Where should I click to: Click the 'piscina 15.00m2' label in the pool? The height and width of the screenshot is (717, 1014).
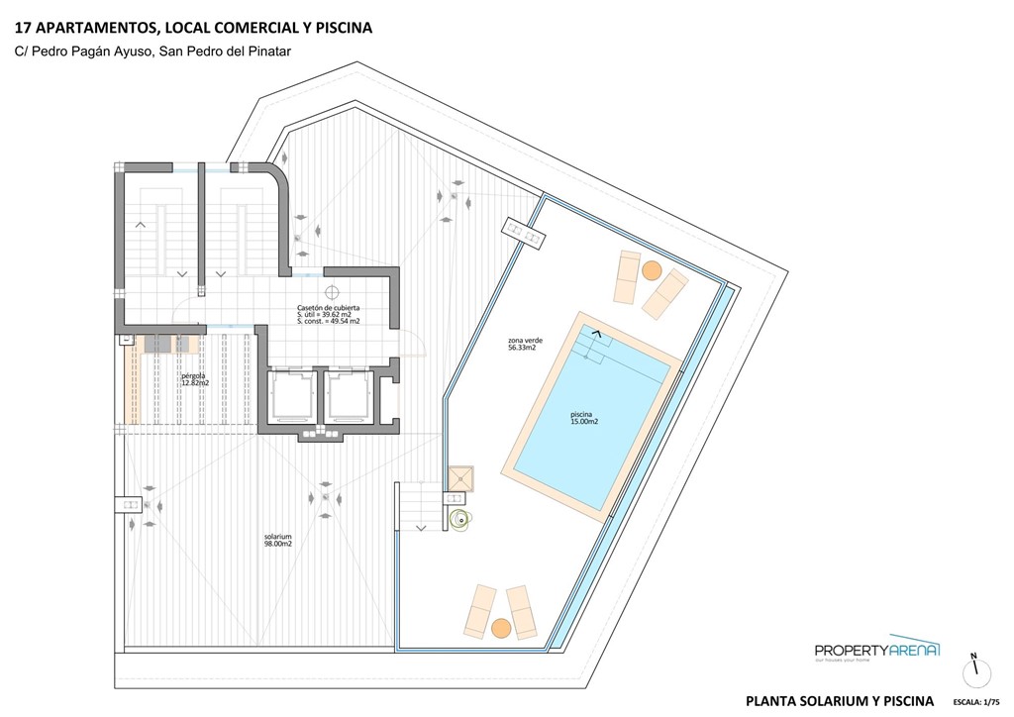[x=584, y=418]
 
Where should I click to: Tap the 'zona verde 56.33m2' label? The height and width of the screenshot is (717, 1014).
[x=522, y=344]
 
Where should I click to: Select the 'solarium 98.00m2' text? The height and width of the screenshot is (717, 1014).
[x=277, y=540]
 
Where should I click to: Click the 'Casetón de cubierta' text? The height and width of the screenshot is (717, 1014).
[x=335, y=308]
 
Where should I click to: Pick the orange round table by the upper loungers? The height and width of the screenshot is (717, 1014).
[x=651, y=269]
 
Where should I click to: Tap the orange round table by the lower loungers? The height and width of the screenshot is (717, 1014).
[x=501, y=627]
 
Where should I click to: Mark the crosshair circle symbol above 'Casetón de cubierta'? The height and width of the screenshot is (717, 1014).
[x=332, y=292]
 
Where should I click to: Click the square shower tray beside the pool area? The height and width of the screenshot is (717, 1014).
[x=460, y=480]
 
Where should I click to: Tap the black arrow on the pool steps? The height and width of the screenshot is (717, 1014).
[x=596, y=335]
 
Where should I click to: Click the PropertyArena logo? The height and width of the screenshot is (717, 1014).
[x=876, y=650]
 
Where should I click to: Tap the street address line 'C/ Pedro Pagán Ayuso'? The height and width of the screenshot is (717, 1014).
[x=83, y=51]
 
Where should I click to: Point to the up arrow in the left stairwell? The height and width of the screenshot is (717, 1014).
[x=141, y=225]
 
